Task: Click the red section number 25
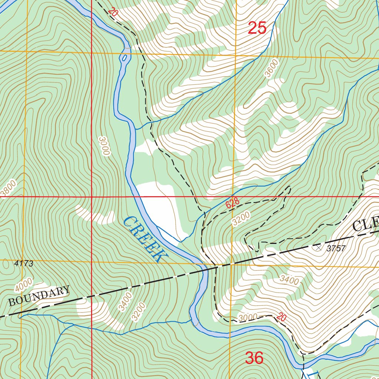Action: [x=257, y=28]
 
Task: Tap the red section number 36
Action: [x=254, y=358]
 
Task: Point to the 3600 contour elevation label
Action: [x=271, y=68]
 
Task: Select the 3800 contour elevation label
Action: [x=8, y=188]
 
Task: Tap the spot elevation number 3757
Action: [x=336, y=248]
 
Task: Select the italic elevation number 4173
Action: [x=24, y=264]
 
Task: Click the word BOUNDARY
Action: [x=39, y=296]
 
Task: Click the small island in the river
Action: [x=124, y=58]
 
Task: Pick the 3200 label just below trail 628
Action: [x=241, y=218]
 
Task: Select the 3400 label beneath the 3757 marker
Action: [x=289, y=280]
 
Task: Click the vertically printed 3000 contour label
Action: [x=104, y=146]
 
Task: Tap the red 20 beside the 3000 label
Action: [x=281, y=317]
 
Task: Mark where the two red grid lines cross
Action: [x=91, y=197]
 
